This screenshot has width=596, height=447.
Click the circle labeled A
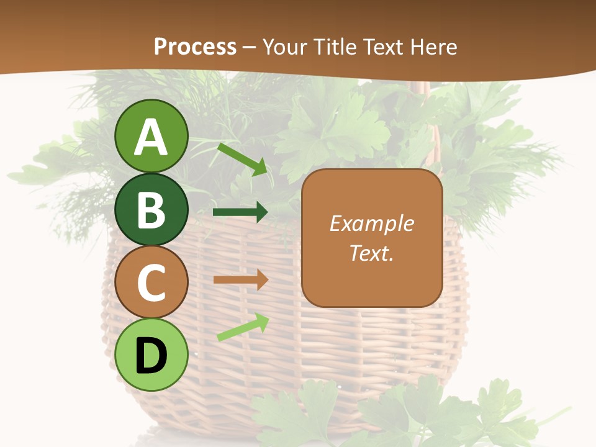151,136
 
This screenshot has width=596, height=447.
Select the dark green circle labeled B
151,209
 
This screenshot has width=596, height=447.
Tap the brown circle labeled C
151,282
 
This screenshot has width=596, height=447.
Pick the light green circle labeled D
151,354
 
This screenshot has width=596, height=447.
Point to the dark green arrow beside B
240,212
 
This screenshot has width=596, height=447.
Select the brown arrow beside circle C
240,279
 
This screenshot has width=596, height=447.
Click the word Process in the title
195,47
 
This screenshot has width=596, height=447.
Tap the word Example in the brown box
371,223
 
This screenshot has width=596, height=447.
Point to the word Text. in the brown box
371,253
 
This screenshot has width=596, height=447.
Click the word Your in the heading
286,47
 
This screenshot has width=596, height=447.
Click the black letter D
151,356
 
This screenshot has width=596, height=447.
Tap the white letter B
151,210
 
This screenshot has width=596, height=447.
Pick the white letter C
151,282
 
